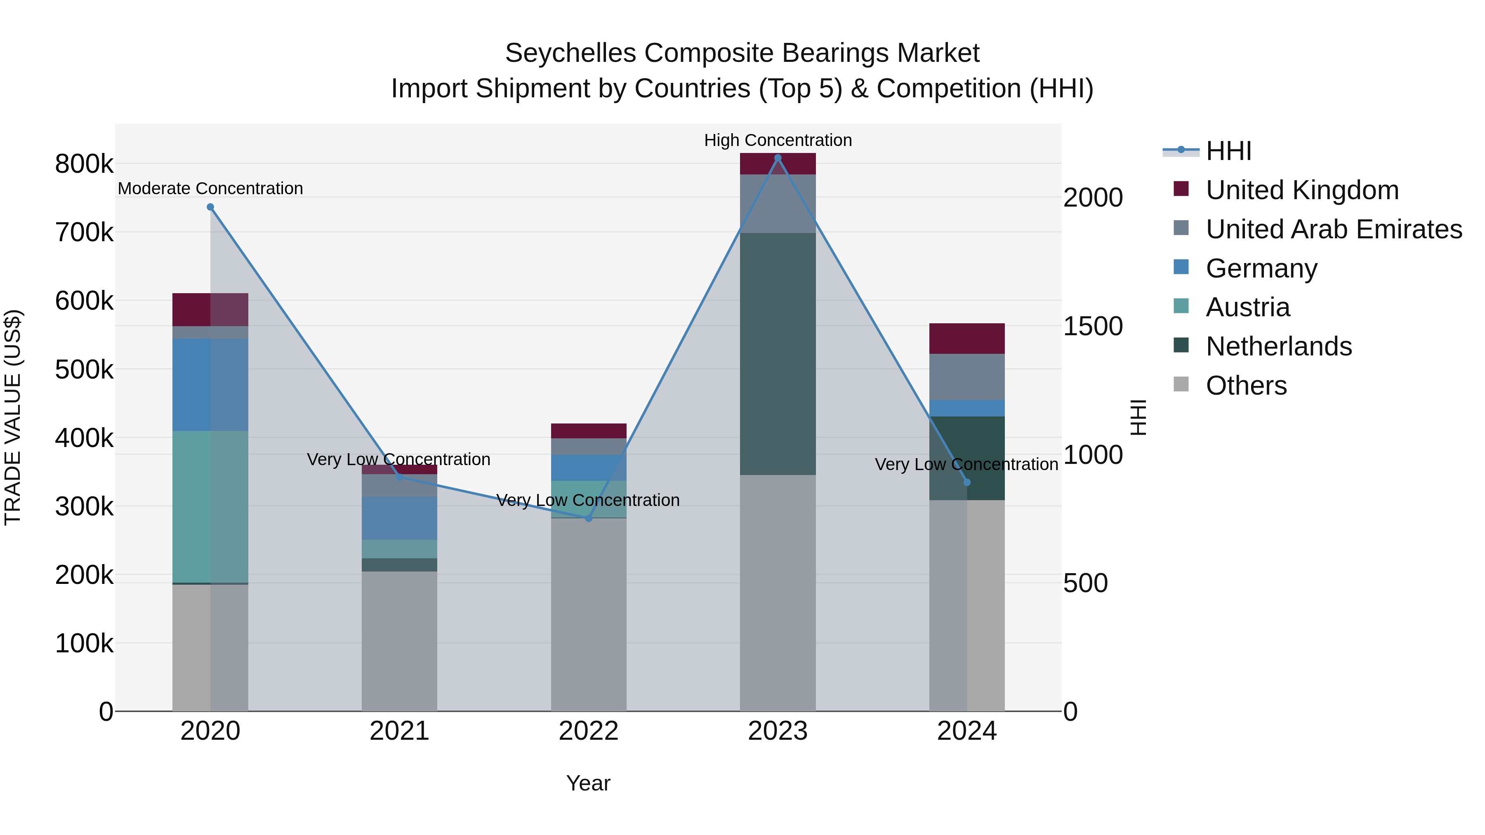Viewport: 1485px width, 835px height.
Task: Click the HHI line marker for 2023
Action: pos(778,158)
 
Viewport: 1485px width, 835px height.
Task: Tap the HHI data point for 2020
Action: pos(210,207)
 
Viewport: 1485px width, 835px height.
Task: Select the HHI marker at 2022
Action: pos(589,519)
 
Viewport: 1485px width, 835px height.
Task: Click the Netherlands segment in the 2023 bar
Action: pos(778,354)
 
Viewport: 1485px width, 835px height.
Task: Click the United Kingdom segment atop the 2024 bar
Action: pos(967,338)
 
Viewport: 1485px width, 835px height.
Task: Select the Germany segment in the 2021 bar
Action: pos(399,517)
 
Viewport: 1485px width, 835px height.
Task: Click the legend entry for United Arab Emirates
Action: pos(1333,229)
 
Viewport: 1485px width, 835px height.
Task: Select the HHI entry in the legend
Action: pos(1228,151)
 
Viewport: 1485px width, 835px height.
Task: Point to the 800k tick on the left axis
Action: pos(84,164)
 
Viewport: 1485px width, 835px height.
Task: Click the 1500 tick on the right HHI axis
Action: pos(1092,326)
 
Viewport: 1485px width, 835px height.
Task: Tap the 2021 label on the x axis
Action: pos(399,731)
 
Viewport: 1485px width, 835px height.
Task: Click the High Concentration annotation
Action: pos(778,140)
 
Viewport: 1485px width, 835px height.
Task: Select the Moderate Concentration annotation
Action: pos(210,188)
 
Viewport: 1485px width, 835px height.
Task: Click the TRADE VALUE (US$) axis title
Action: pos(13,418)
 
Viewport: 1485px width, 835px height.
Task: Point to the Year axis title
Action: pos(588,783)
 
